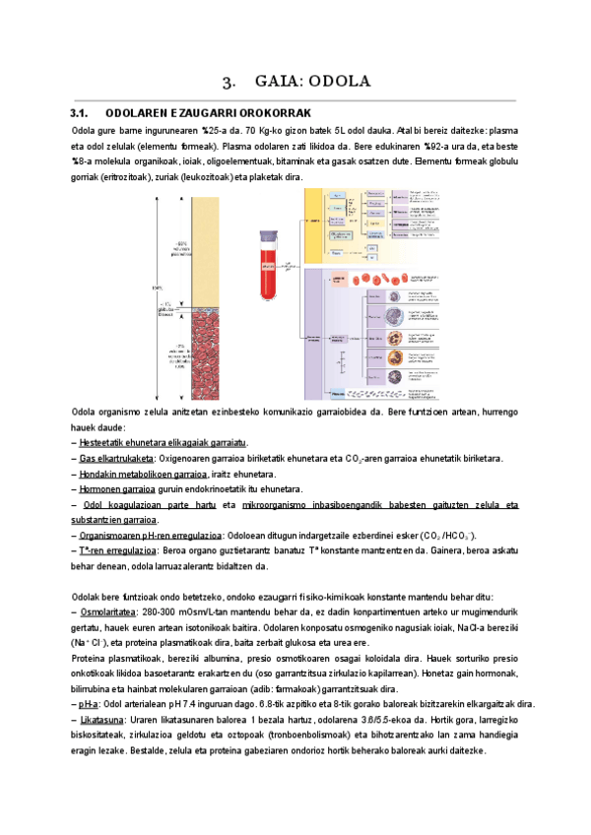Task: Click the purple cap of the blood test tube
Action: pyautogui.click(x=271, y=237)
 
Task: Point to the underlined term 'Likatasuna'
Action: pyautogui.click(x=102, y=720)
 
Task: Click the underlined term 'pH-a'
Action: pyautogui.click(x=89, y=704)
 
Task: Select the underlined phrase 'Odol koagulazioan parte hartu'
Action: pyautogui.click(x=148, y=504)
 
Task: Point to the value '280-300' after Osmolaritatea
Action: pyautogui.click(x=160, y=612)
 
